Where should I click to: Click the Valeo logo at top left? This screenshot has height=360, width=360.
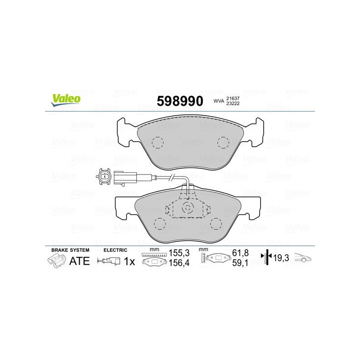tap(66, 100)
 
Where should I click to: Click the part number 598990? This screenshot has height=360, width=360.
tap(180, 101)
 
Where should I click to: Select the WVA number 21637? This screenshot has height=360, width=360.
tap(233, 99)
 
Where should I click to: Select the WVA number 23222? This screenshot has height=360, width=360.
tap(233, 103)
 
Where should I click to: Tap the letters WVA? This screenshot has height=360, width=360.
tap(219, 101)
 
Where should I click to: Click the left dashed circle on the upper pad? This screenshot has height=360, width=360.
tap(158, 142)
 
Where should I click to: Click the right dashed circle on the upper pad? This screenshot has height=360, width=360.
tap(223, 142)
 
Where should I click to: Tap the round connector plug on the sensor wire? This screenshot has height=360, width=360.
tap(103, 176)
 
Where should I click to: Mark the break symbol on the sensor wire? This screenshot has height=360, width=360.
tap(172, 177)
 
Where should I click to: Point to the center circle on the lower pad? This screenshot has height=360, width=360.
tap(188, 208)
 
